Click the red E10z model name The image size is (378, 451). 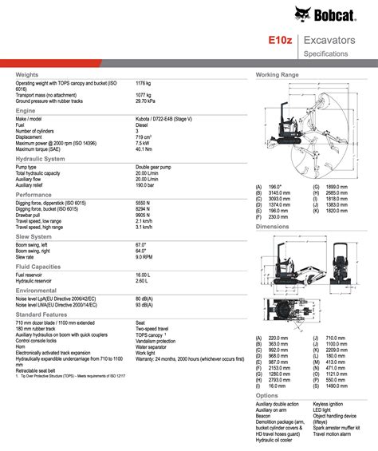[x=279, y=39]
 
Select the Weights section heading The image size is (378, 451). [x=28, y=74]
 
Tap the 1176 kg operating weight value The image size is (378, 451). [x=145, y=82]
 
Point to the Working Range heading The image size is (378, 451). [x=277, y=74]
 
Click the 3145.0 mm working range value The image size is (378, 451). [x=278, y=192]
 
